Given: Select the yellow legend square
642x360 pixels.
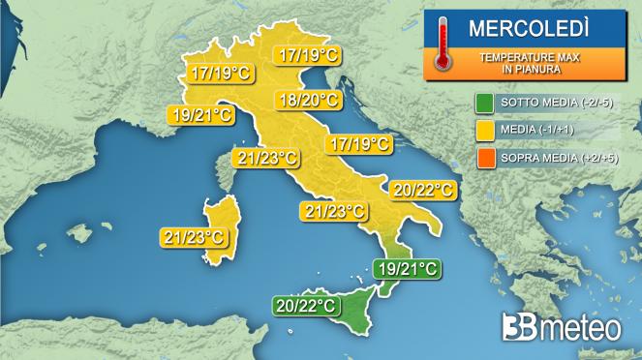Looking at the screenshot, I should tap(484, 131).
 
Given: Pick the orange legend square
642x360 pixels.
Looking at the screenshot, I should tap(484, 157).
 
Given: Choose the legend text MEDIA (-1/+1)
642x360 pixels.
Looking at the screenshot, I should tap(541, 131).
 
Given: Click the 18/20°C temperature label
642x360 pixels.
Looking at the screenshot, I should tap(307, 100).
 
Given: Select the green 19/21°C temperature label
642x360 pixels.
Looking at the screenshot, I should tap(406, 269).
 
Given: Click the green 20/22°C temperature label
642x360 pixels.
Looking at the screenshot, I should tap(305, 307).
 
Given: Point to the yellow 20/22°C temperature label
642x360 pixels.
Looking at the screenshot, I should tap(420, 191).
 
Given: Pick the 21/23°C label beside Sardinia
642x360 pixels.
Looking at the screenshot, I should tap(194, 236).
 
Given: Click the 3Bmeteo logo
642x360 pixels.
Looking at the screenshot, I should tap(562, 327).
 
